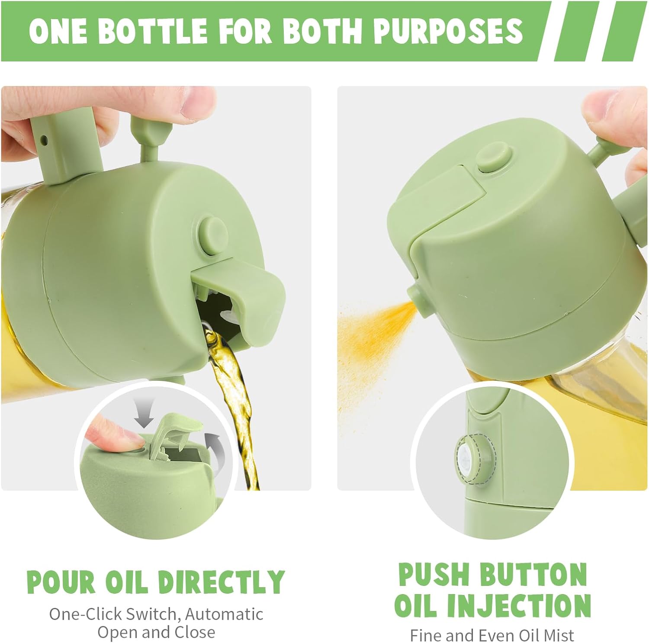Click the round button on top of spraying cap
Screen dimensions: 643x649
point(493,157)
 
